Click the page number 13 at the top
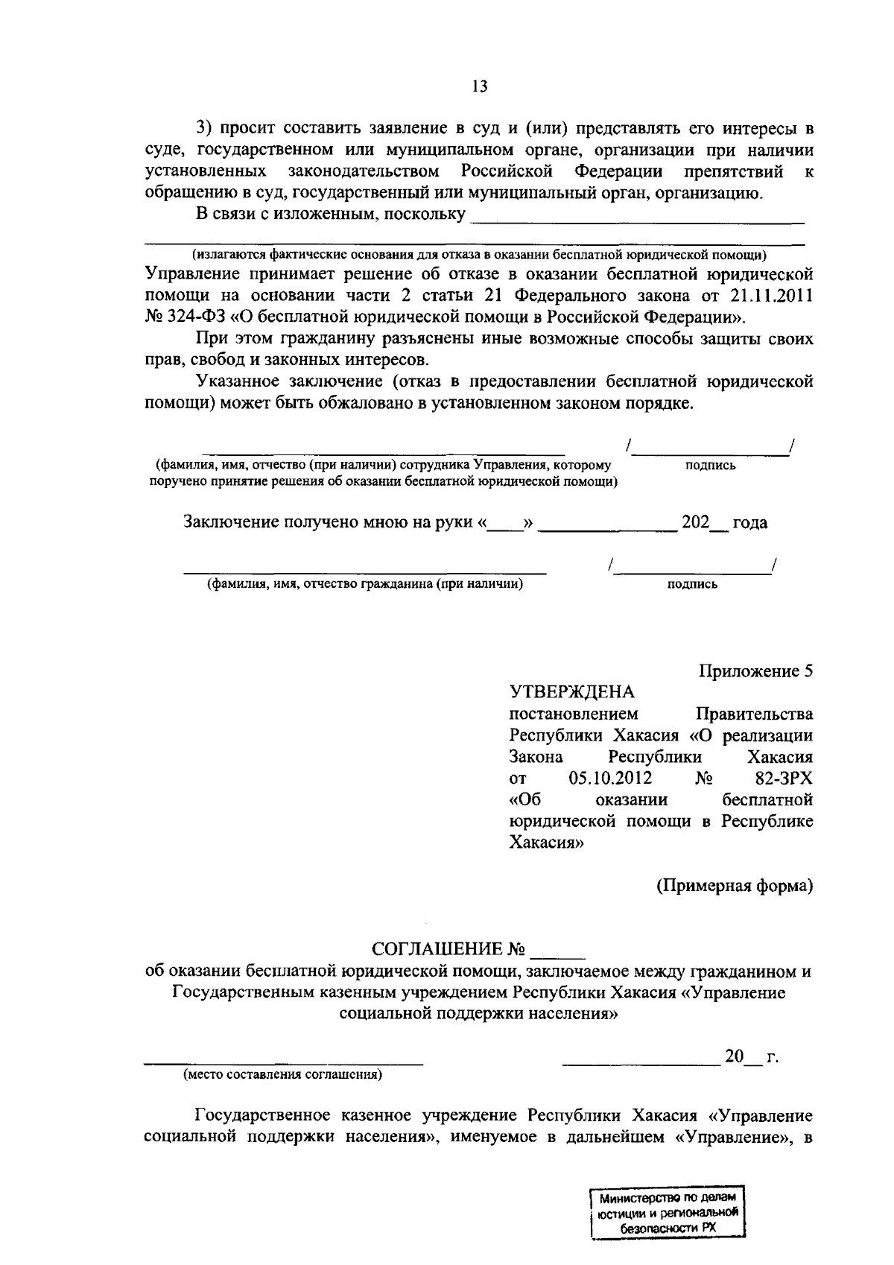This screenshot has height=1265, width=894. point(479,87)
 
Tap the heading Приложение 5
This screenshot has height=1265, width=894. point(755,670)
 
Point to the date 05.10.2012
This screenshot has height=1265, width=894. point(610,779)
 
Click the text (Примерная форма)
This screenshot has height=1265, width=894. point(734,886)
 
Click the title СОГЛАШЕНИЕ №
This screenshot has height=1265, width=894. point(448,950)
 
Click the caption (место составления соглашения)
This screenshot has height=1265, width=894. point(283,1074)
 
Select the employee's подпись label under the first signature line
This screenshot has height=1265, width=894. point(710,466)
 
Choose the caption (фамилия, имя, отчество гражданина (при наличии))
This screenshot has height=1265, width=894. point(365,584)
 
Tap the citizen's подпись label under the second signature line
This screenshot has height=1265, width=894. point(692,585)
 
